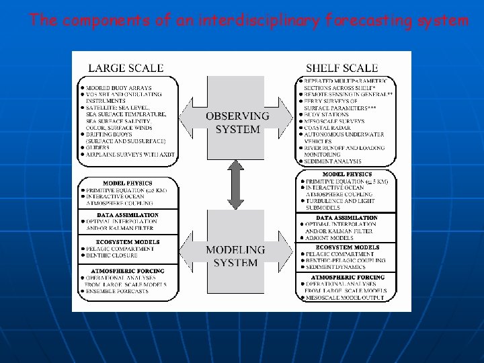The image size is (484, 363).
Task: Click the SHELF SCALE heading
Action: click(341, 67)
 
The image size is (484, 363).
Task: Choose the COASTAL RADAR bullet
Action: click(329, 128)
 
